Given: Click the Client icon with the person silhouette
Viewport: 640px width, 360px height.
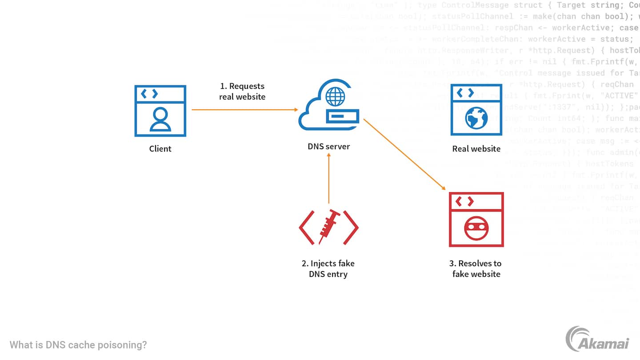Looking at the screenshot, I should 160,111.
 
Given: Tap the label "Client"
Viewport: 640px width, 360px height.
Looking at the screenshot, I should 160,149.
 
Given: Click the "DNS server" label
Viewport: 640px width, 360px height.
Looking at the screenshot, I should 328,146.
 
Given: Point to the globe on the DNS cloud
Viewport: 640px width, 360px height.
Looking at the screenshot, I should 335,96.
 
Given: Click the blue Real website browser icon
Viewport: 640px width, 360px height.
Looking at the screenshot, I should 476,109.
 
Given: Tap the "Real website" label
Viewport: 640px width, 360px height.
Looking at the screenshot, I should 476,149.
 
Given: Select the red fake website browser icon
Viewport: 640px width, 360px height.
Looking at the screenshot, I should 476,219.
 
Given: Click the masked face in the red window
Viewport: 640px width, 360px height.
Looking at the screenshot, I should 476,229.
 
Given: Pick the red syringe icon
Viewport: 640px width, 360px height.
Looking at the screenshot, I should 328,226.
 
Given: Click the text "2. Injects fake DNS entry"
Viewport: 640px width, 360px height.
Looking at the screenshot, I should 328,269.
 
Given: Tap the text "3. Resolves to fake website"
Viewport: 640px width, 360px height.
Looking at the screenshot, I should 476,269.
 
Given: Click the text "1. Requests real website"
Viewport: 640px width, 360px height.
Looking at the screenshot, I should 242,91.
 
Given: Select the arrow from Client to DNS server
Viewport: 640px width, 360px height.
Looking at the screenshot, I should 244,109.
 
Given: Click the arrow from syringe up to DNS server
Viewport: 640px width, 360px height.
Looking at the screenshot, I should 328,178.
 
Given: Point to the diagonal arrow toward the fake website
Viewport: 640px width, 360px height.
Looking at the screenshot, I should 404,154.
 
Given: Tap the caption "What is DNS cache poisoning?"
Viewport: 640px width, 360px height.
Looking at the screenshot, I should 78,345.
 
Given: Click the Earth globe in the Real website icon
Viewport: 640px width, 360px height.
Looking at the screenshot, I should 476,117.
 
